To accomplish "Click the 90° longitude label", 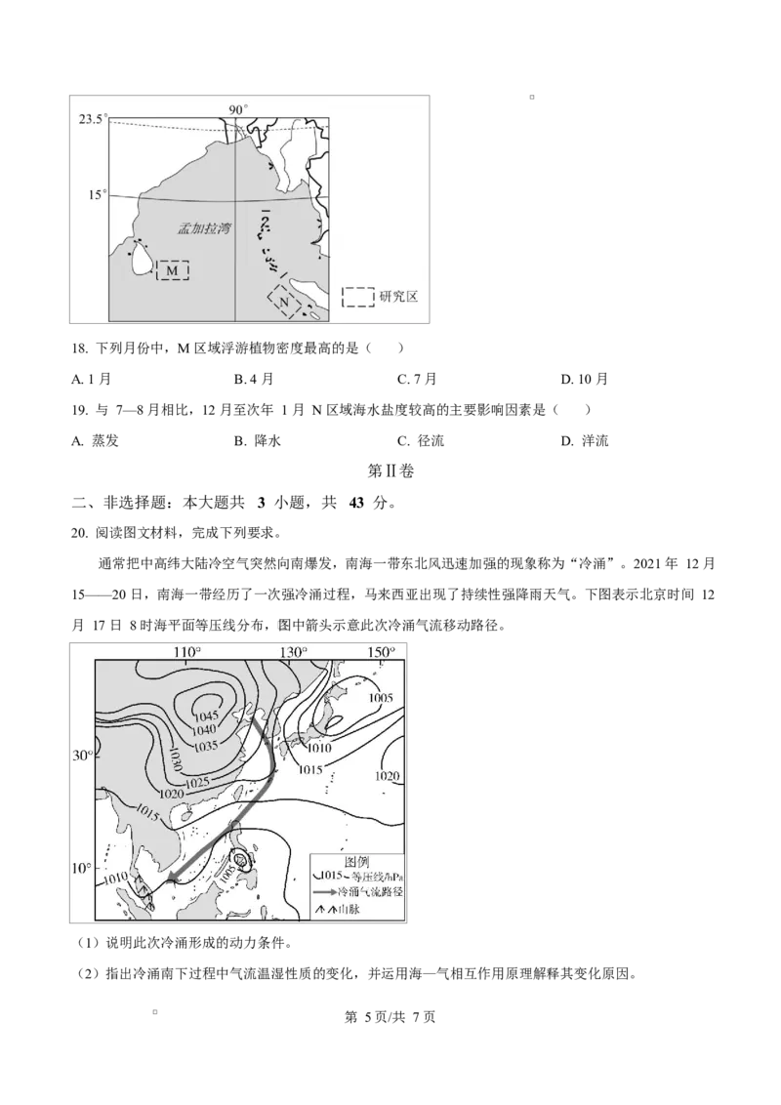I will [238, 109].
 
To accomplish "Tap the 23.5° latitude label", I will [93, 119].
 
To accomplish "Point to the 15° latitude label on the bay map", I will [95, 195].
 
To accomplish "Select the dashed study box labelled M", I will [173, 269].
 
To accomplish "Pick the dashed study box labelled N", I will [284, 302].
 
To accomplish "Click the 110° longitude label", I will [187, 651].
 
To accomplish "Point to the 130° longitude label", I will [293, 651].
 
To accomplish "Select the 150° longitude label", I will [381, 651].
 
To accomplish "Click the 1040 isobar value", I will [203, 730].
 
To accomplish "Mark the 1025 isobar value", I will [198, 782].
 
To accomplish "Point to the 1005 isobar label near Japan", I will [381, 698].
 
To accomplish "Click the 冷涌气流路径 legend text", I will [369, 891].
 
